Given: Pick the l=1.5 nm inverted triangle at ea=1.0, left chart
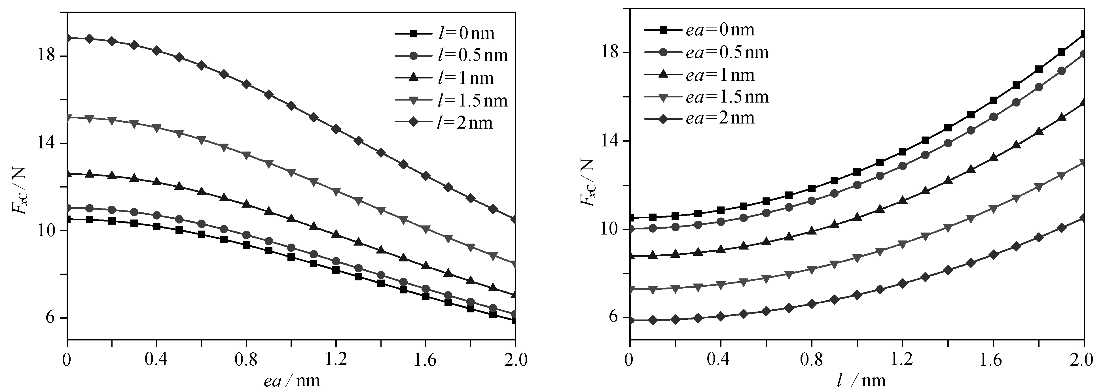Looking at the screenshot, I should (291, 173).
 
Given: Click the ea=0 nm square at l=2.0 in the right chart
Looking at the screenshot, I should (1083, 34).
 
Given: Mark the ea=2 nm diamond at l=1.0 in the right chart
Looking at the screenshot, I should (857, 295).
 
